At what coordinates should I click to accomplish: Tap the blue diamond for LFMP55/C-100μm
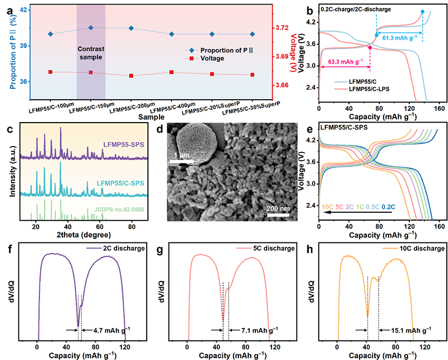point(51,34)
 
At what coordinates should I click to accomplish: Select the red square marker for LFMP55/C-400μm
point(171,72)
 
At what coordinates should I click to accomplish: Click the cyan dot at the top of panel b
point(422,12)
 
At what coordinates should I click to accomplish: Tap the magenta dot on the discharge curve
point(370,48)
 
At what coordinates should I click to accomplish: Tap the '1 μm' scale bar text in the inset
point(184,155)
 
